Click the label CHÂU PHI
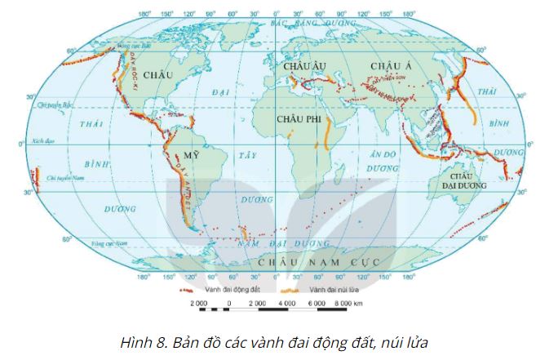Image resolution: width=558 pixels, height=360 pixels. click(x=299, y=119)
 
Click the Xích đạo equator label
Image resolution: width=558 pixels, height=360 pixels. click(x=42, y=141)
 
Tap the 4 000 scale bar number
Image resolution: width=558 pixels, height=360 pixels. click(x=286, y=303)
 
